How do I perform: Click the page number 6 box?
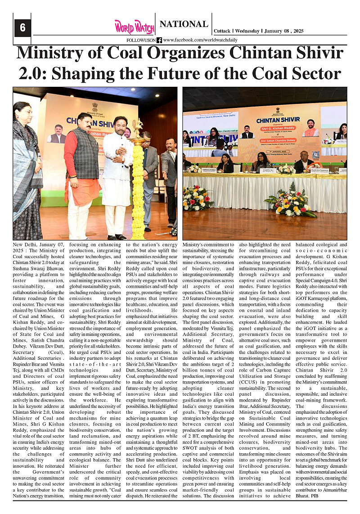tap(22, 28)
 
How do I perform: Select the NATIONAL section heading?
tap(184, 24)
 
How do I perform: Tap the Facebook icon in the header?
tap(159, 40)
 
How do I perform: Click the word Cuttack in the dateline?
tap(221, 31)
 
